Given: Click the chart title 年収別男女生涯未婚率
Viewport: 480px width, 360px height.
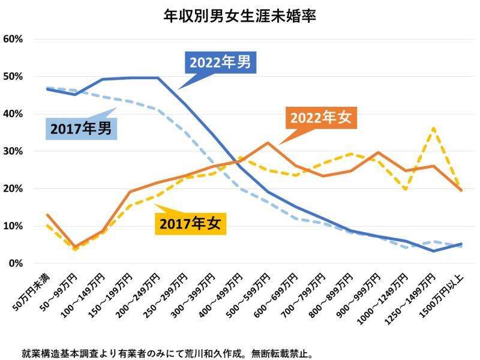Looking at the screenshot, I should coord(239,16).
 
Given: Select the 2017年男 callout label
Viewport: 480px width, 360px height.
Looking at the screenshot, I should coord(80,128).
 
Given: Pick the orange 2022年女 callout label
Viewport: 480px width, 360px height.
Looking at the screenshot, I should coord(322,118).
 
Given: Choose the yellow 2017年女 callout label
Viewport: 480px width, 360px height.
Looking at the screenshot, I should coord(191,225).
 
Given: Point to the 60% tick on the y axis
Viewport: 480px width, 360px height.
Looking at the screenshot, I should coord(13,40).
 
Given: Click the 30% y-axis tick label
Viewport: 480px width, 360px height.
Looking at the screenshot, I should coord(13,152).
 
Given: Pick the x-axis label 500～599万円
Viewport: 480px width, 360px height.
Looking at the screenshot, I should coord(254,296).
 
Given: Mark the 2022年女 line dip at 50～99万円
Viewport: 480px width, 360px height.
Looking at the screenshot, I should coord(75,247).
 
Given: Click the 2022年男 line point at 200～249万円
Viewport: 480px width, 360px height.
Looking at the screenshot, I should coord(157,78).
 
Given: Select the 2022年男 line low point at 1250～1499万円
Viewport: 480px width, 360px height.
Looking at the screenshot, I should coord(434,251).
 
